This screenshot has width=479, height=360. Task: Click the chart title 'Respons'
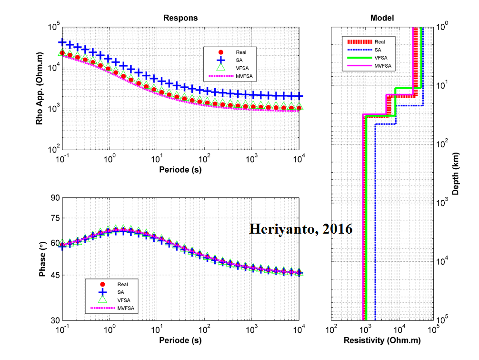(x=180, y=18)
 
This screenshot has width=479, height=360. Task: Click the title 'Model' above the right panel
(x=382, y=18)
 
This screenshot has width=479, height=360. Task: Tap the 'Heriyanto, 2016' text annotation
(x=301, y=229)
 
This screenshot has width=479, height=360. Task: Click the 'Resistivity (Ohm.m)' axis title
(x=382, y=340)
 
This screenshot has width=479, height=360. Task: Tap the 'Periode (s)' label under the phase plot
(x=180, y=340)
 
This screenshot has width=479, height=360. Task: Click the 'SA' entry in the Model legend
(x=377, y=49)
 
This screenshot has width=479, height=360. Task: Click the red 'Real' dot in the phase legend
(x=101, y=285)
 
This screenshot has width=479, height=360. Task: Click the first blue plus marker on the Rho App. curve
(x=62, y=42)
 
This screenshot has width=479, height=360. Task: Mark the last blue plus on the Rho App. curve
(x=299, y=96)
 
